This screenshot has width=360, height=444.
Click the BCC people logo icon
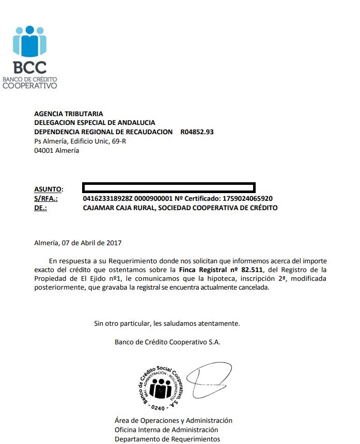pos(29,41)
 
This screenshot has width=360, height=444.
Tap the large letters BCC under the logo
pos(29,67)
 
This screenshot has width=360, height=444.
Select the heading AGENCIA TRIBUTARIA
pos(68,114)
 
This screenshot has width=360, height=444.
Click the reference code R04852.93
pos(197,132)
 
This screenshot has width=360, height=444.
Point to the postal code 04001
pos(43,151)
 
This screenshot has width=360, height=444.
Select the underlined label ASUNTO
pos(48,189)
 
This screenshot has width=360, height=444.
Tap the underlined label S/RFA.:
pos(46,198)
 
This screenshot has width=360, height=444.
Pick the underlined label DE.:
pos(40,208)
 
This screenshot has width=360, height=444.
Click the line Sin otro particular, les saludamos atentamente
pos(167,324)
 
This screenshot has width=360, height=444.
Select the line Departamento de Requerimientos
pos(167,439)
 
